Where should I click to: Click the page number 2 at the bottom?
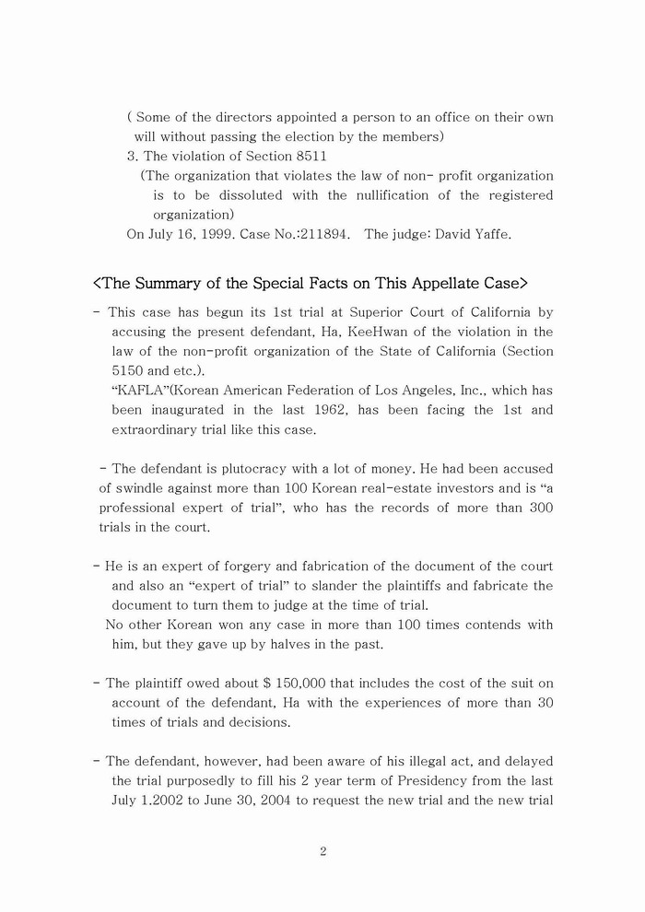(x=322, y=851)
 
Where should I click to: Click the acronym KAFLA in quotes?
(x=137, y=390)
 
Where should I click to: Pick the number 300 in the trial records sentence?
(x=541, y=508)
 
